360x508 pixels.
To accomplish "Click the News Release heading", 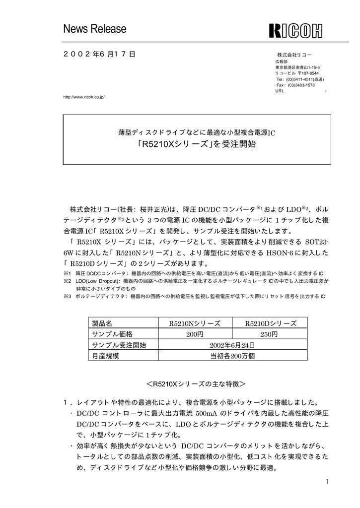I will click(95, 29).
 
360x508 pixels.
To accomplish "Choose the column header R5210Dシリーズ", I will click(271, 323).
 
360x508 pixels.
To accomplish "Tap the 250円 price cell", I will click(271, 334).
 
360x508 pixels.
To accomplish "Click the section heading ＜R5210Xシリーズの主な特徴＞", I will click(196, 384).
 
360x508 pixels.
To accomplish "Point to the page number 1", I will click(328, 482).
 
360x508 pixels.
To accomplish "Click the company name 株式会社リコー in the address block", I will click(294, 54).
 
